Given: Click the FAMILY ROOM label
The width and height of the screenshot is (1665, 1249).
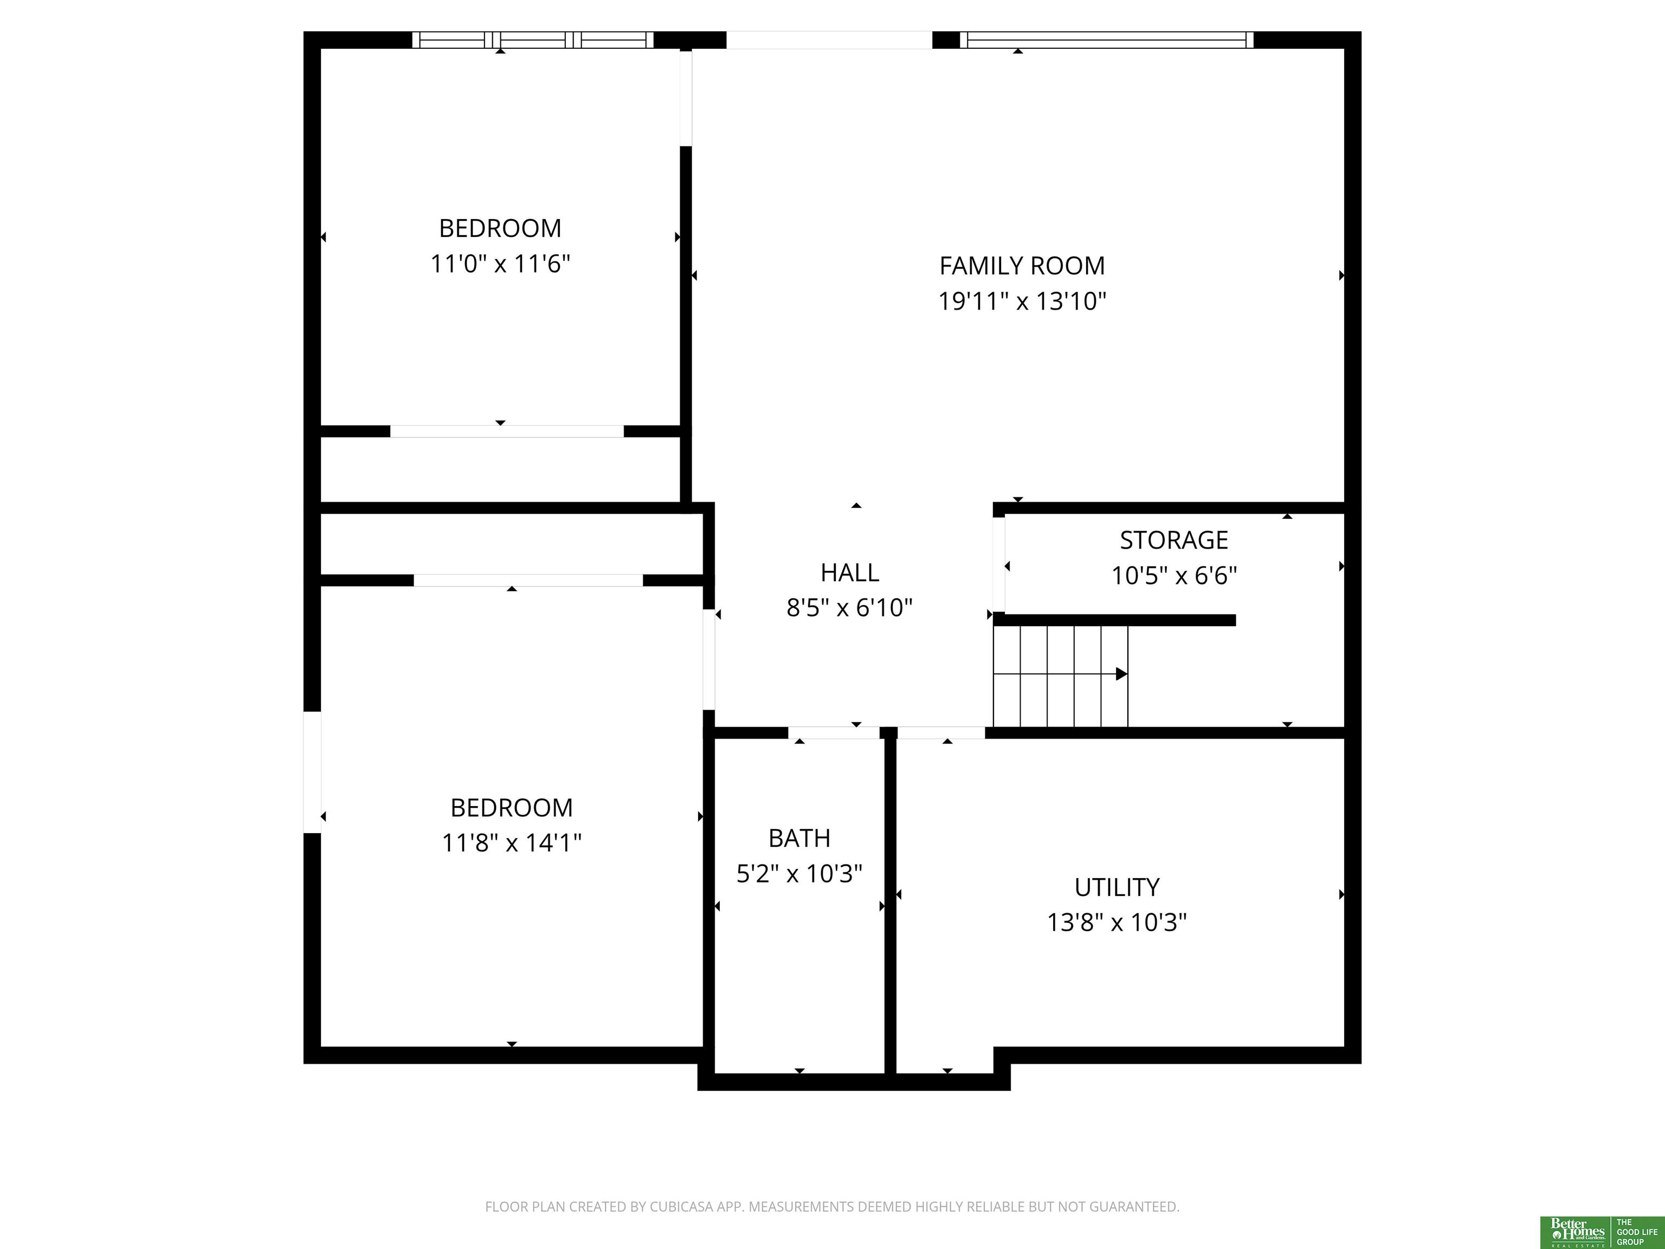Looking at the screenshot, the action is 1022,266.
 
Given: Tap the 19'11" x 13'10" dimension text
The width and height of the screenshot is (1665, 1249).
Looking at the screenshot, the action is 1022,301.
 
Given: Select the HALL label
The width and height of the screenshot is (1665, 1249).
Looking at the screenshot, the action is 850,573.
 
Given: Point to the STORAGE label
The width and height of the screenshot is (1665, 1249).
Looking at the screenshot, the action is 1173,540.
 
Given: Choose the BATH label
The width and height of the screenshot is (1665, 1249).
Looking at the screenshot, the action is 799,838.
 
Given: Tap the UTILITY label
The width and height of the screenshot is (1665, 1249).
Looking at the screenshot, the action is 1117,887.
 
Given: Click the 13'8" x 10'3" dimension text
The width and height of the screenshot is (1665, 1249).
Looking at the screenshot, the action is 1117,923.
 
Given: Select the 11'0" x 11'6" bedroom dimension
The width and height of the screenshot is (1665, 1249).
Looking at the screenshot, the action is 500,264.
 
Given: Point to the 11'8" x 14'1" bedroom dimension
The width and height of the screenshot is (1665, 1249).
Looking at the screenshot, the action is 511,842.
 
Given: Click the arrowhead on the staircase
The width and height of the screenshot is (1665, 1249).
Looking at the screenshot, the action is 1121,674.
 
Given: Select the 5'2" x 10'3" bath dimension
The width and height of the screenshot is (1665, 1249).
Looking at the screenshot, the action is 799,874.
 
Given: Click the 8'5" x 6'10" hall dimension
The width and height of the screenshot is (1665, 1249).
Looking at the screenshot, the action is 850,608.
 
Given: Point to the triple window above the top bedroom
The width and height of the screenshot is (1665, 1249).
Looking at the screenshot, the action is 532,40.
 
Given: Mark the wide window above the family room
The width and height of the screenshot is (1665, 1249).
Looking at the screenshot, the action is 1107,40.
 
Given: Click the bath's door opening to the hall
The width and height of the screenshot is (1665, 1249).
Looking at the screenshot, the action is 834,732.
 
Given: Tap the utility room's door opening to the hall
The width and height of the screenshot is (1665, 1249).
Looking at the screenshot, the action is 941,732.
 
